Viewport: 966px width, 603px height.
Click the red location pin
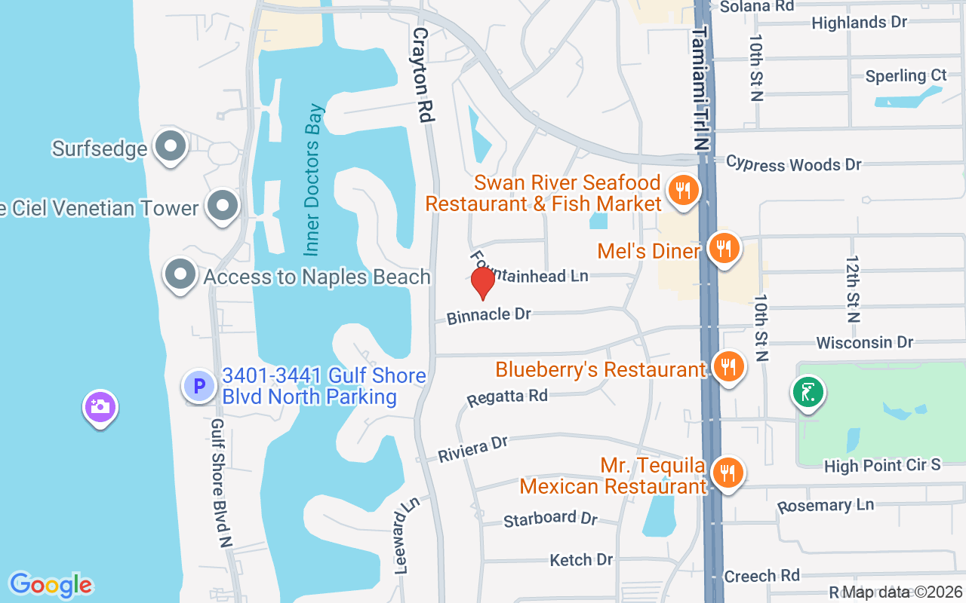[x=482, y=283]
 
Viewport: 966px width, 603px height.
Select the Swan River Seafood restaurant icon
[x=683, y=191]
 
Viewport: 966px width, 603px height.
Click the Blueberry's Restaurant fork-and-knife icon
[x=728, y=367]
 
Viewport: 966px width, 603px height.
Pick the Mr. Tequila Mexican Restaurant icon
[x=728, y=473]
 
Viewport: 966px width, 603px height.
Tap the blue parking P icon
[x=199, y=387]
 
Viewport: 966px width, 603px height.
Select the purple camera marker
[x=100, y=407]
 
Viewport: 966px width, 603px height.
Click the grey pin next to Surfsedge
[x=171, y=146]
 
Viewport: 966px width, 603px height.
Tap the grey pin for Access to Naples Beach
[x=181, y=275]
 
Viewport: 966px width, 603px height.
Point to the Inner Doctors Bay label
[x=315, y=179]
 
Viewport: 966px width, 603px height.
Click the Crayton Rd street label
[x=423, y=75]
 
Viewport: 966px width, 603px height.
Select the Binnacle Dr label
[x=489, y=315]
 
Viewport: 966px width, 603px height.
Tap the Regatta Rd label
[x=507, y=396]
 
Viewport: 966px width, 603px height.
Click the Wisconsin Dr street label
[x=864, y=343]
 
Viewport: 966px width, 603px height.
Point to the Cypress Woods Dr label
[x=793, y=164]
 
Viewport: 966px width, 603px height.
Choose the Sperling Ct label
[x=906, y=76]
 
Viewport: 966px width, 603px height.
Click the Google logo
[x=51, y=584]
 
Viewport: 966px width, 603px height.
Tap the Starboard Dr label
[x=550, y=519]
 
